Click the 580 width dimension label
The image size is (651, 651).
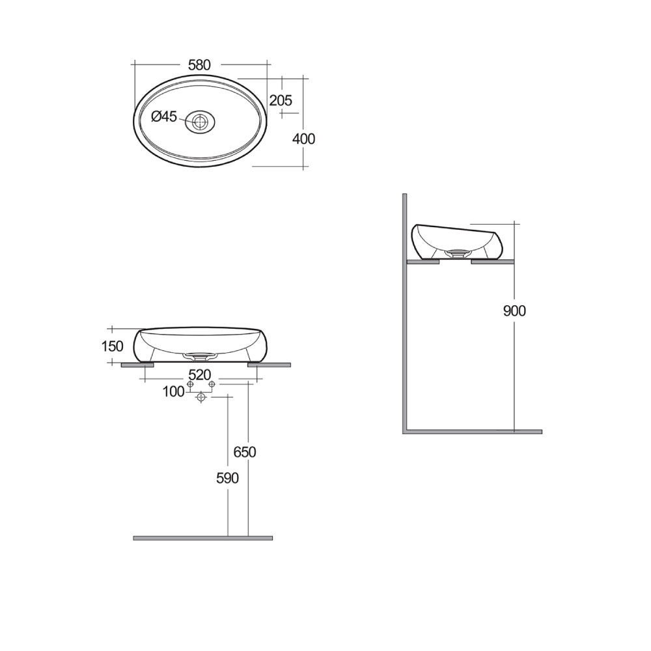point(199,65)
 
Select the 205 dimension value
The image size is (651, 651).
point(281,100)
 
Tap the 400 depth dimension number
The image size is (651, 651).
point(304,139)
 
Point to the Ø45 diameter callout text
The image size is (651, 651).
point(164,117)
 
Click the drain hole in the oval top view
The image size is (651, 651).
point(200,121)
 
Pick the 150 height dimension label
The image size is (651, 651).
point(112,346)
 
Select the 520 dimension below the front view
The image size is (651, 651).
point(199,375)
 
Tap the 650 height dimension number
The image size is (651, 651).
point(245,452)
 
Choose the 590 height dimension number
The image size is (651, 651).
point(227,478)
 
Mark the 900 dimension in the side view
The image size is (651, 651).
point(514,311)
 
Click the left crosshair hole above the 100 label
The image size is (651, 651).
point(190,385)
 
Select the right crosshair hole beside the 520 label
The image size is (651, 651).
point(212,385)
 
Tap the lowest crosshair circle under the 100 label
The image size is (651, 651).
point(201,397)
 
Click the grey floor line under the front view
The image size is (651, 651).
point(202,538)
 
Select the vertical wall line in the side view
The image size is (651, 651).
point(404,312)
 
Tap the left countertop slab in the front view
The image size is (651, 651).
point(137,365)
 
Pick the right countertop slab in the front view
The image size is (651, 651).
point(269,365)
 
